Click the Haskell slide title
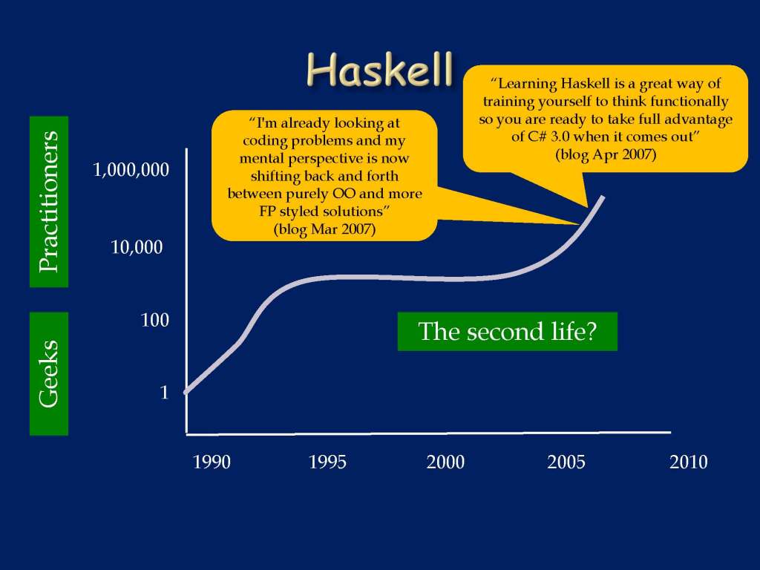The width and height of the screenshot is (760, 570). click(379, 70)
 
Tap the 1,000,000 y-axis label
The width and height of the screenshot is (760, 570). click(131, 170)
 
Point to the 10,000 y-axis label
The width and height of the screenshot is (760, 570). click(137, 247)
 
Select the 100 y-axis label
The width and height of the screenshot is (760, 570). click(154, 320)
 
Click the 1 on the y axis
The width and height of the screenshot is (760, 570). click(164, 392)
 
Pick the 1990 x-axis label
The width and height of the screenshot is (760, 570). click(212, 462)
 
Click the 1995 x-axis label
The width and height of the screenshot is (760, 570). click(327, 462)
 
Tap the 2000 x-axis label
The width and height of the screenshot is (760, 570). click(445, 462)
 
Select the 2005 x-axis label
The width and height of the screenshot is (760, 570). click(566, 462)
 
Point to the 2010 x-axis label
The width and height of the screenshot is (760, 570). click(688, 462)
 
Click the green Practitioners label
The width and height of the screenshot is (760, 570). click(49, 202)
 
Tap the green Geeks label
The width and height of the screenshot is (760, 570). click(49, 374)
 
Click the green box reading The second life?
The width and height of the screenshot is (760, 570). click(508, 332)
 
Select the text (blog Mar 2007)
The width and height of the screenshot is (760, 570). click(324, 229)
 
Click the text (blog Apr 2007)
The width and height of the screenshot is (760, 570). click(606, 154)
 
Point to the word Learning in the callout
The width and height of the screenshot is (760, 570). click(523, 84)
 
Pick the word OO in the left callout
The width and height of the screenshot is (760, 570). click(344, 194)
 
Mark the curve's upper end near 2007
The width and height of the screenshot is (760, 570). click(603, 197)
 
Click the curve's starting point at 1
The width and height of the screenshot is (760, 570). click(186, 392)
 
